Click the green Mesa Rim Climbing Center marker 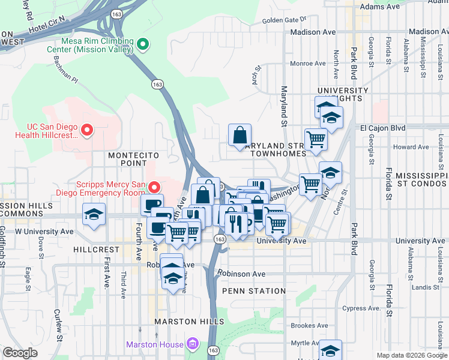point(142,44)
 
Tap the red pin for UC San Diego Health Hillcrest point(87,130)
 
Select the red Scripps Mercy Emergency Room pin point(154,188)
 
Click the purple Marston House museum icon point(192,344)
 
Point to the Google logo point(20,353)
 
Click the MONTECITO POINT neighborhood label point(134,159)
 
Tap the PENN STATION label point(253,291)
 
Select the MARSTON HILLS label point(189,322)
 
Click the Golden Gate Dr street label point(284,20)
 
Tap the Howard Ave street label point(411,147)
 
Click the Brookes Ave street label point(309,325)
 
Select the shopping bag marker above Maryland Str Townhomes point(240,136)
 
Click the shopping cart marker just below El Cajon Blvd point(316,140)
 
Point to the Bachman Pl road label point(65,69)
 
